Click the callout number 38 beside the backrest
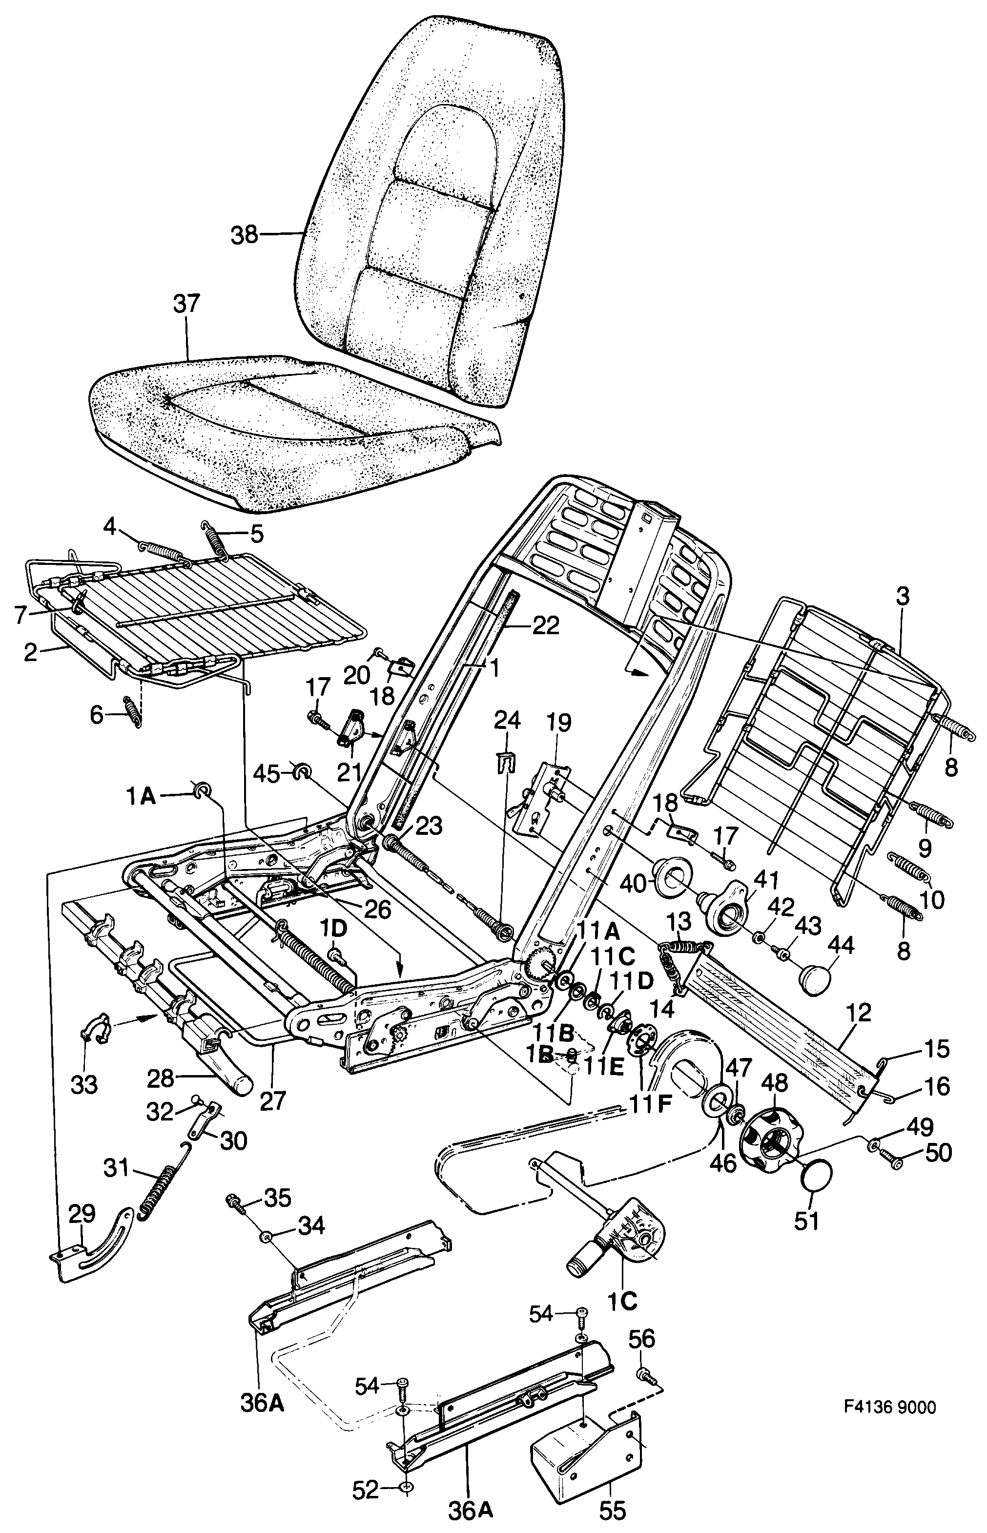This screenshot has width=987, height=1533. [x=244, y=236]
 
